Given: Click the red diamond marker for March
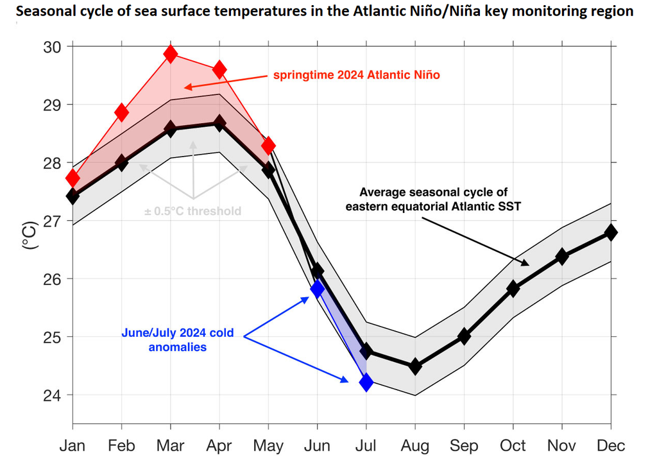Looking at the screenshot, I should (x=170, y=54).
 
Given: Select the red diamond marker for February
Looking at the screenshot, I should (x=121, y=112).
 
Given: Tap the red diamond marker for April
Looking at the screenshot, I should (x=219, y=70).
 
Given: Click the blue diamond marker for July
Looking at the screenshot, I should (x=366, y=382).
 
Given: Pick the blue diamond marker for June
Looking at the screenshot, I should (x=317, y=289).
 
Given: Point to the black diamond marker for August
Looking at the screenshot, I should (x=415, y=366).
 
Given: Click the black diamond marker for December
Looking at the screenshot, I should (x=611, y=232).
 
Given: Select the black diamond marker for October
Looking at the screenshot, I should (x=513, y=288).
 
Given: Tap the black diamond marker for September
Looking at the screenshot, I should (x=464, y=336).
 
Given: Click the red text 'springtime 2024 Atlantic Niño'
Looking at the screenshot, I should (x=356, y=75).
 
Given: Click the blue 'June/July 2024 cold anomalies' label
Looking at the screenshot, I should (x=178, y=340).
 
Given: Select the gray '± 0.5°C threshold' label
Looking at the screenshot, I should (x=192, y=210).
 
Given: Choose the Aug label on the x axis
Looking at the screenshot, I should (x=415, y=445).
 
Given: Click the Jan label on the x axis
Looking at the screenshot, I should (x=73, y=445).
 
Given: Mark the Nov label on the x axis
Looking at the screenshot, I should (x=562, y=445).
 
